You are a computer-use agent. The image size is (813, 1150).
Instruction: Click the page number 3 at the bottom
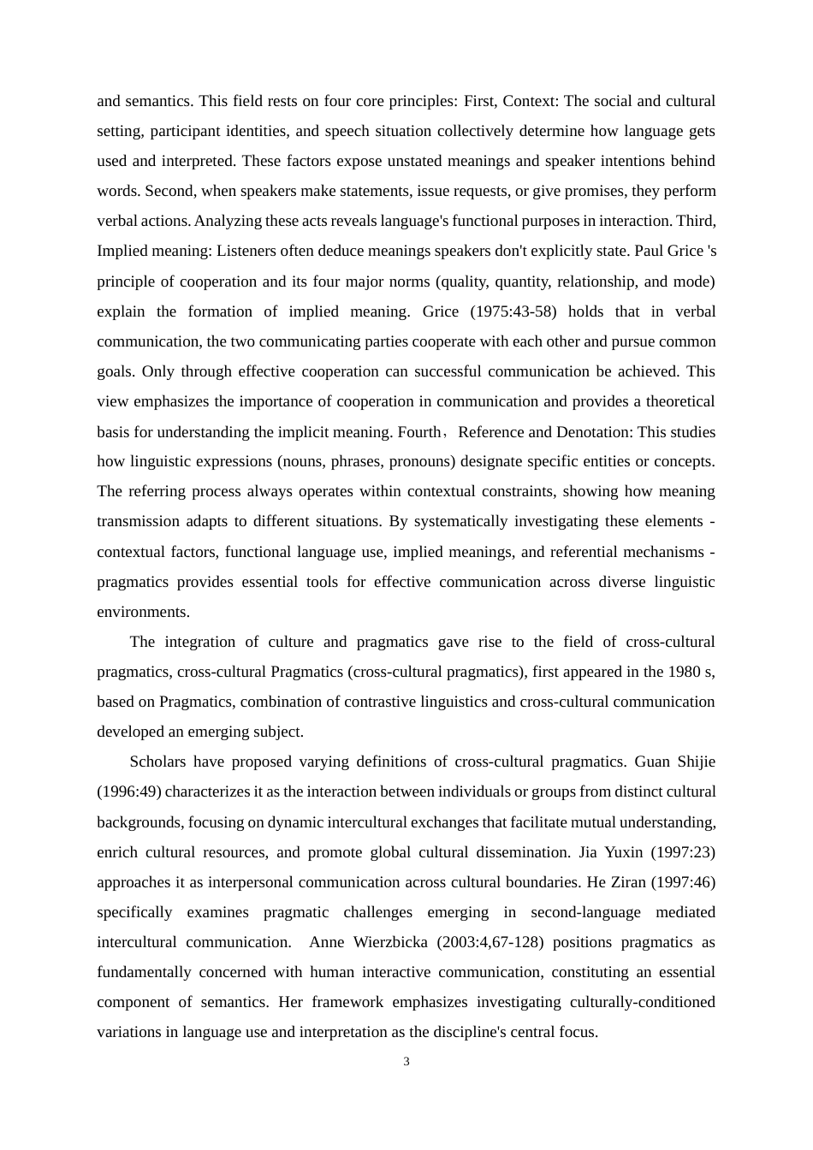point(406,1062)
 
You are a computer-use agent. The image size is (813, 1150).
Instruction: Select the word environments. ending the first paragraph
point(143,612)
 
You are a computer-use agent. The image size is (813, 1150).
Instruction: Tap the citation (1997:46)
point(684,882)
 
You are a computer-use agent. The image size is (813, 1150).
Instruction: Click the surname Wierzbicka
point(389,942)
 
